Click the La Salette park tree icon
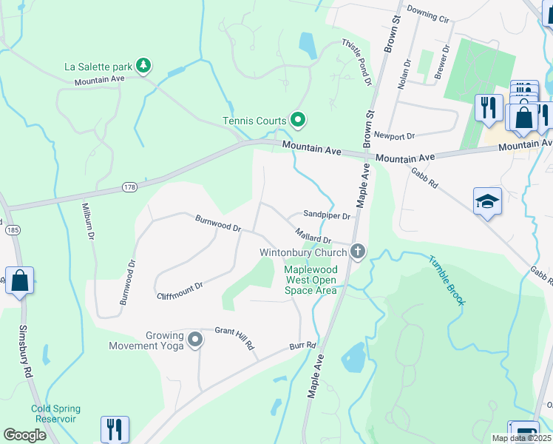143,67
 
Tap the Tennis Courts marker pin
298,119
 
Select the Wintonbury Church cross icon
358,252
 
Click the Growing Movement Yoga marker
195,340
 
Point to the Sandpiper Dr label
327,215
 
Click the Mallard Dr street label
313,237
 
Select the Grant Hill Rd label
234,338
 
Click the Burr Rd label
302,345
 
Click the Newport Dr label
395,135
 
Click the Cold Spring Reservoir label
55,414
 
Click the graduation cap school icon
487,201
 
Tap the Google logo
25,435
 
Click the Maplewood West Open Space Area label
311,280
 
